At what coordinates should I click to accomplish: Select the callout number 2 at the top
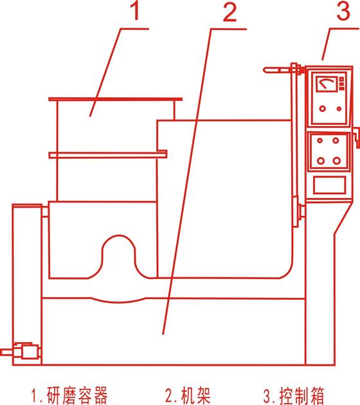230,12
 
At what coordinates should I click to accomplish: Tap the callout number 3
343,11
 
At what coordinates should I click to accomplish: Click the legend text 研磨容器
77,395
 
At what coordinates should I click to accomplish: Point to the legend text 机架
195,395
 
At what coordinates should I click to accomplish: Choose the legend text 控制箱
301,396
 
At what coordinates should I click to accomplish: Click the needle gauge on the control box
327,83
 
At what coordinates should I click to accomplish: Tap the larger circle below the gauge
322,109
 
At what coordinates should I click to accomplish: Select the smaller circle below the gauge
339,109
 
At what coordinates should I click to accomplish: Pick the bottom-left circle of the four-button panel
321,161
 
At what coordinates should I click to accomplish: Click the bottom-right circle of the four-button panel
336,161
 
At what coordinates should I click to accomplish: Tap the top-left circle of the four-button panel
319,141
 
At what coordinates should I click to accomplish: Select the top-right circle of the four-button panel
336,141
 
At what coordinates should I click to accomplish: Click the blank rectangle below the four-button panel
329,184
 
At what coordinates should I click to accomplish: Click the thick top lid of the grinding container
116,99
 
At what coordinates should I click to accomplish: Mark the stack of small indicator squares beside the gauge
341,84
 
